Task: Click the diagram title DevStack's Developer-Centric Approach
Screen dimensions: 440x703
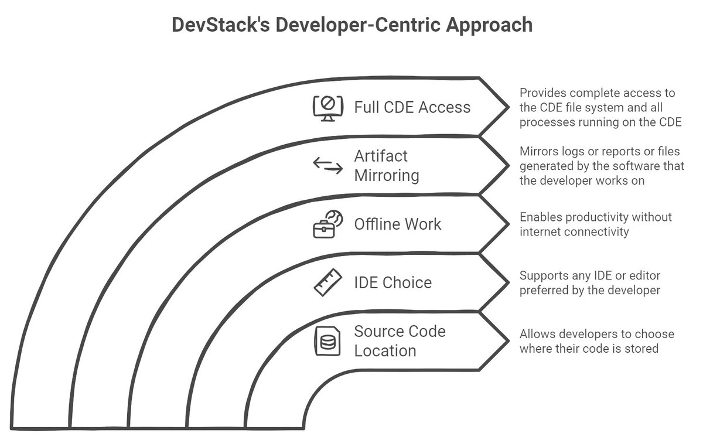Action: click(x=351, y=25)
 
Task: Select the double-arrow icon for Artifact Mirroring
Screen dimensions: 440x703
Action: click(x=327, y=166)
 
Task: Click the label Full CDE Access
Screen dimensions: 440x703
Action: click(x=412, y=108)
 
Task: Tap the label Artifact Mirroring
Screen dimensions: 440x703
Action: click(x=387, y=166)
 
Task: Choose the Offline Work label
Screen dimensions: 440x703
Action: click(x=398, y=224)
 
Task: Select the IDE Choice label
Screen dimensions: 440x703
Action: click(x=393, y=283)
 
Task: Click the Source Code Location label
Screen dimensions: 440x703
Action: click(x=399, y=341)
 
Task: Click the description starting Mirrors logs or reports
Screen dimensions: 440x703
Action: click(x=602, y=166)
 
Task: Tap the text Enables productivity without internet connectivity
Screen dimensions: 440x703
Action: click(x=596, y=224)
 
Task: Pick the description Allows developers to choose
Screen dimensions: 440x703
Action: click(x=597, y=341)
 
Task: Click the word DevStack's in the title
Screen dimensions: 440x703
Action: click(x=216, y=25)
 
